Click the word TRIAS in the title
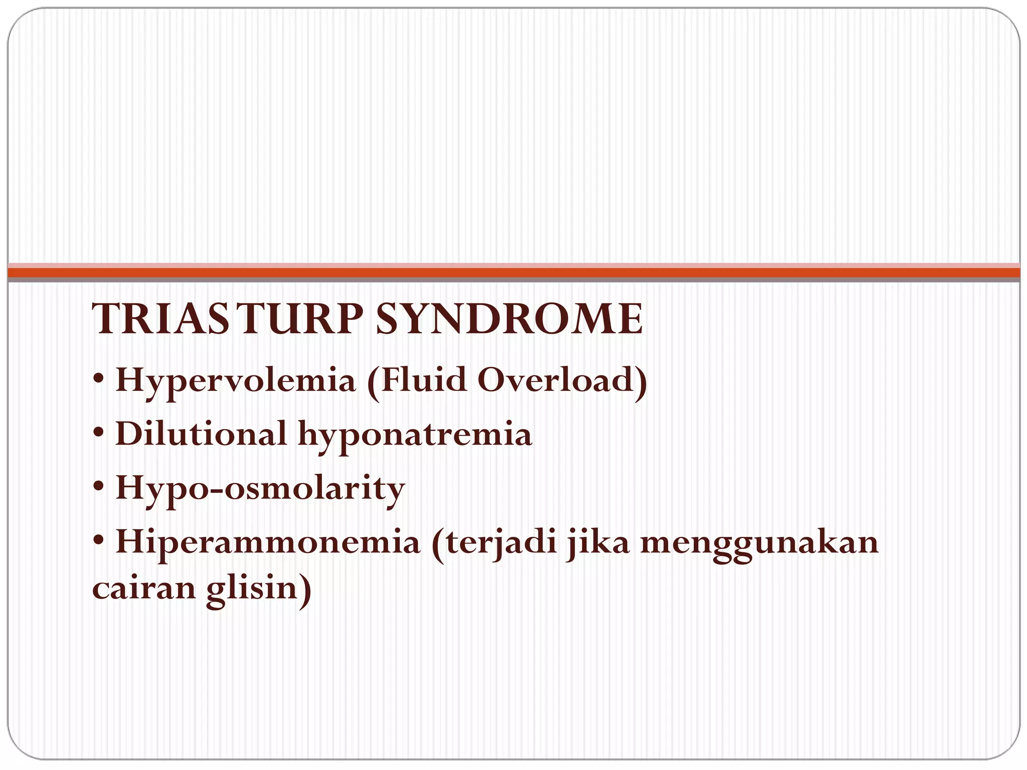tap(159, 319)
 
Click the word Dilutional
tap(201, 434)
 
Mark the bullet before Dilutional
tap(98, 434)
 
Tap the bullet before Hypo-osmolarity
tap(98, 488)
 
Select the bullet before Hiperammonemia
tap(98, 542)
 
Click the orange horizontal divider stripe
tap(513, 272)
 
